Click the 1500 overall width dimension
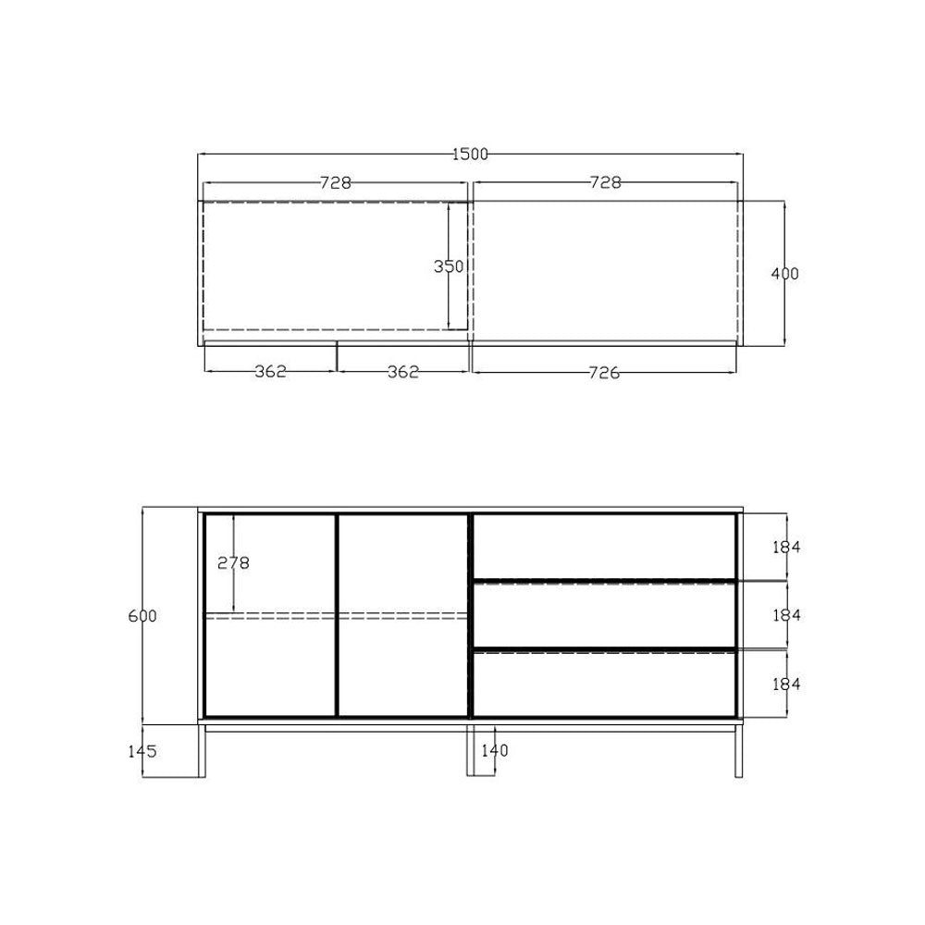(x=470, y=154)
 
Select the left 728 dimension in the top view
(x=336, y=183)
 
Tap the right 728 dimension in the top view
(x=606, y=182)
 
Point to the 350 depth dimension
(x=449, y=266)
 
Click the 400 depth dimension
(x=785, y=274)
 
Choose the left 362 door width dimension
(x=271, y=372)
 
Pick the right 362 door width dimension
(x=403, y=372)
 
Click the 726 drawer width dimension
(x=605, y=373)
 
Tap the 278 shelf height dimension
(x=234, y=563)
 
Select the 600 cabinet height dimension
(x=142, y=616)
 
